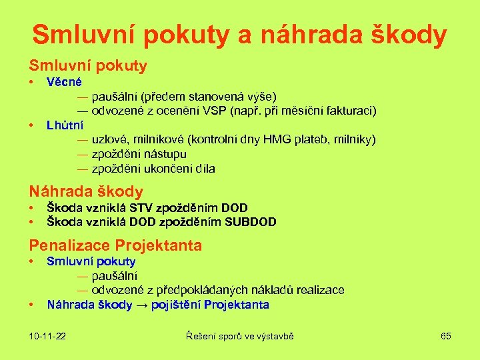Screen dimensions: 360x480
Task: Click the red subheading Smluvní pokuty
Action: click(x=87, y=66)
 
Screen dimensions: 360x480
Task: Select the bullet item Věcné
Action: click(x=64, y=82)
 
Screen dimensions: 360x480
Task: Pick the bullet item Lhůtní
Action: click(x=65, y=125)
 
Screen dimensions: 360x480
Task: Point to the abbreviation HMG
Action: click(x=277, y=139)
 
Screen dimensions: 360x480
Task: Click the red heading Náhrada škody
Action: click(x=85, y=191)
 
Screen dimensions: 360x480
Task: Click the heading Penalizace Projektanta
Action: click(x=115, y=245)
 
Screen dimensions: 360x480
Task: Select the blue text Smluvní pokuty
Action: click(x=91, y=261)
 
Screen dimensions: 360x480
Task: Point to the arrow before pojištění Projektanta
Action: click(x=141, y=305)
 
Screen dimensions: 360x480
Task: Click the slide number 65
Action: click(x=445, y=336)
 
